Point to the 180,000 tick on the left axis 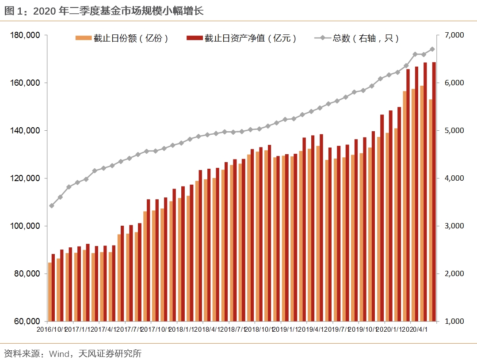coord(25,35)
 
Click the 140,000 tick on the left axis coord(25,131)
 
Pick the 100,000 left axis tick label coord(25,226)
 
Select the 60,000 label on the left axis coord(27,322)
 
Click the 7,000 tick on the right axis coord(453,35)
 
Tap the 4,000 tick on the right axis coord(453,178)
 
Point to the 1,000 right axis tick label coord(453,322)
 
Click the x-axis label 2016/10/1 coord(52,330)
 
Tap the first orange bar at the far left coord(50,292)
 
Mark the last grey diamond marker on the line coord(432,49)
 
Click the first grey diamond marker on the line coord(52,206)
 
